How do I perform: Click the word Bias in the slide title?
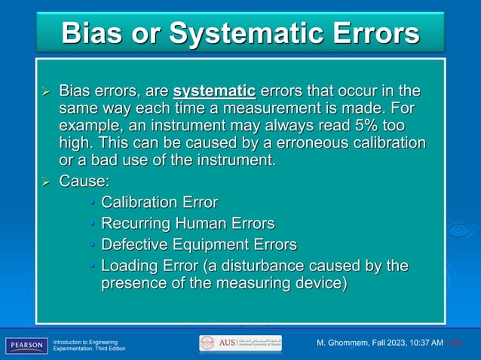97,33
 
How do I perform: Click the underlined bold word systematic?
215,93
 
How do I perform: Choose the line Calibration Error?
159,202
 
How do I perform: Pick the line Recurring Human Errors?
188,224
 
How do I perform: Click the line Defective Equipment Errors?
198,245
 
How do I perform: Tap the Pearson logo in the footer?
26,345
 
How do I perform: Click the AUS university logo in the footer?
240,343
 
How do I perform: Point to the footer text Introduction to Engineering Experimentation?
84,345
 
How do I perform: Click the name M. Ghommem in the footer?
344,344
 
